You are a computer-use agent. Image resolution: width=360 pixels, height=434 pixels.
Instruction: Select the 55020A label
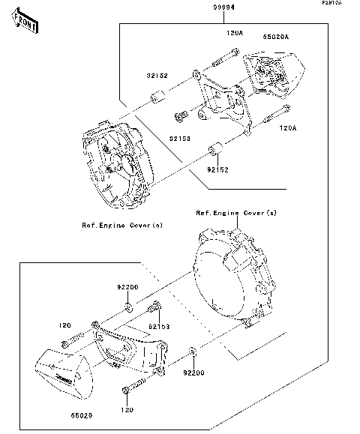point(275,35)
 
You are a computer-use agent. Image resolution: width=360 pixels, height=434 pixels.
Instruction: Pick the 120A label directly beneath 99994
point(235,34)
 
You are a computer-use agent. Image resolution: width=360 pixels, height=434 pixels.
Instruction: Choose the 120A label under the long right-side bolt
point(288,128)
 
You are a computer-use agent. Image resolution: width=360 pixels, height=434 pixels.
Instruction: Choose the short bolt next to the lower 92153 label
point(155,309)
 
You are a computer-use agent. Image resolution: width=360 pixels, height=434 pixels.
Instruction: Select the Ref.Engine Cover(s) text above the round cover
point(235,213)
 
